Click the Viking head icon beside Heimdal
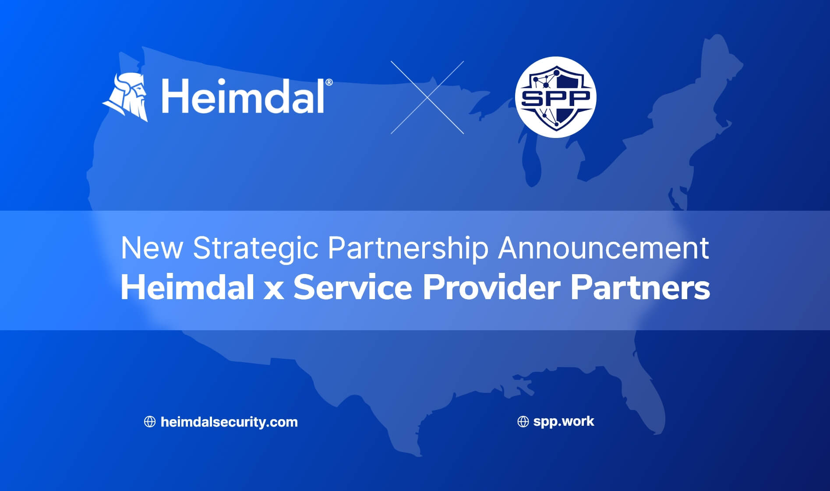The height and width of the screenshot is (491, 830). [x=125, y=97]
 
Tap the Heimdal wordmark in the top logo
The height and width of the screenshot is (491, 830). [x=243, y=96]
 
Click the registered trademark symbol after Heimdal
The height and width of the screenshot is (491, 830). [x=329, y=82]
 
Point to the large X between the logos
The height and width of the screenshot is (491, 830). [x=427, y=97]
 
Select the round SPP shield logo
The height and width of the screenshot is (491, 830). [x=556, y=97]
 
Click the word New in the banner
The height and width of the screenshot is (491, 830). [x=152, y=248]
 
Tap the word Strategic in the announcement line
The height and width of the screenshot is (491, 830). [x=255, y=249]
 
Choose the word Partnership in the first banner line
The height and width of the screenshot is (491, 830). [x=408, y=249]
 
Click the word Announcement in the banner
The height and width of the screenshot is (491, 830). [x=604, y=248]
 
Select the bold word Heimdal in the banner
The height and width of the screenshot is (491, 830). [x=187, y=288]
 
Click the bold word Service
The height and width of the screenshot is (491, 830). [x=353, y=288]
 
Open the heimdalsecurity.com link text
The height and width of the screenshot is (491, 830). [x=229, y=422]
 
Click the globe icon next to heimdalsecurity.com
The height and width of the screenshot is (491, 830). [x=150, y=422]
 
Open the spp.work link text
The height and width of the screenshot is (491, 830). [x=564, y=421]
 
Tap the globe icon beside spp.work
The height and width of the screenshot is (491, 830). [x=523, y=422]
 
